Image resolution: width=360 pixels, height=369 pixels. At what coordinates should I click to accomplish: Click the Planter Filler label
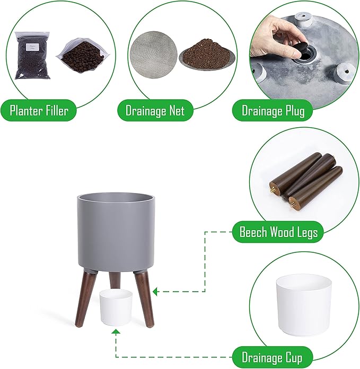(39, 110)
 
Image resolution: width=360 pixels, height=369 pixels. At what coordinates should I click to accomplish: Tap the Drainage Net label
(155, 110)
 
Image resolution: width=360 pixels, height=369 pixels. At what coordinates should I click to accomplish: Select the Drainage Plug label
(273, 110)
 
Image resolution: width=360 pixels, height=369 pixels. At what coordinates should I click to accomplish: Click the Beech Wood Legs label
(278, 232)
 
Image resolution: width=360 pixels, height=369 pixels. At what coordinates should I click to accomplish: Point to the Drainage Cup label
(272, 357)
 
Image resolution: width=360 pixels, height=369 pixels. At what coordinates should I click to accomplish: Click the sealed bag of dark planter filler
(32, 55)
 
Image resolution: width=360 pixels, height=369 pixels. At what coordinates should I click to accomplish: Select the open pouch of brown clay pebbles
(83, 56)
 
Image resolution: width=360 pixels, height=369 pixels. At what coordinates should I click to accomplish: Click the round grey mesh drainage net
(154, 55)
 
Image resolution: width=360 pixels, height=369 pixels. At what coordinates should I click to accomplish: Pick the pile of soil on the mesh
(206, 54)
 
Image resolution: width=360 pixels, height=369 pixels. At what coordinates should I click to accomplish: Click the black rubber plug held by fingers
(298, 50)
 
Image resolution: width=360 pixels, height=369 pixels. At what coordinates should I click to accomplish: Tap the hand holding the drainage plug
(276, 37)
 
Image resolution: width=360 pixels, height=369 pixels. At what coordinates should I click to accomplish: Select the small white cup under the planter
(116, 307)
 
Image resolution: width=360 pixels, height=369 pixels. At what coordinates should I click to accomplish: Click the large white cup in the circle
(304, 305)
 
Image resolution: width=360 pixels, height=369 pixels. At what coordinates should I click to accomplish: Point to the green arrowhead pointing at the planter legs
(155, 292)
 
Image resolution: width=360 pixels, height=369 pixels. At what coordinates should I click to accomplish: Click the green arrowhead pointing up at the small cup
(116, 332)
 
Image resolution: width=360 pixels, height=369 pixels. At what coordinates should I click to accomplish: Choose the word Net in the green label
(177, 110)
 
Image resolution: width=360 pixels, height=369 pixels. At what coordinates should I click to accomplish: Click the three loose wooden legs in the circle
(305, 181)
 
